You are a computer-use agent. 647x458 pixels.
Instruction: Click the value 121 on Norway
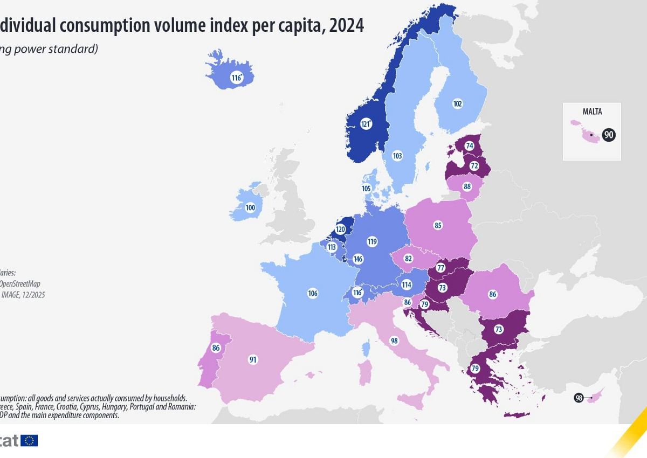coord(366,124)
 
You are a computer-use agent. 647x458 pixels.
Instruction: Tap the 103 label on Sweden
coord(397,156)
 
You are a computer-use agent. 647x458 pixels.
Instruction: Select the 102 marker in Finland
coord(458,104)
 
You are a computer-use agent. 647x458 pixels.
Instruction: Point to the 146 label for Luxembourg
coord(357,259)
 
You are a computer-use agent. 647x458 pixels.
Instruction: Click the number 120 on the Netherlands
coord(340,230)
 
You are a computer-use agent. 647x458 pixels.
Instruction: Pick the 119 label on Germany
coord(371,242)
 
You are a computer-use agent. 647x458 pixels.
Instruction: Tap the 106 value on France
coord(313,293)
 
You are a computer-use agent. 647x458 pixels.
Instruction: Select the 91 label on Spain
coord(253,359)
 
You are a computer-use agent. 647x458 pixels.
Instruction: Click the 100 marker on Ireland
coord(250,207)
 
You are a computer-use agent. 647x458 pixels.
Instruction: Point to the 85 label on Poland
coord(438,225)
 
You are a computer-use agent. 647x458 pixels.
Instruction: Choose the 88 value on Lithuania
coord(467,186)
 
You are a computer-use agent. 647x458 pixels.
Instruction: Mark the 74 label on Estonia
coord(470,145)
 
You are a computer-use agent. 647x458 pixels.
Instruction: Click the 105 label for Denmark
coord(366,189)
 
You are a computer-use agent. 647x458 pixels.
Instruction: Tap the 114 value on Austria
coord(406,284)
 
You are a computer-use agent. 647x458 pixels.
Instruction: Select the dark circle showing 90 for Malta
coord(609,135)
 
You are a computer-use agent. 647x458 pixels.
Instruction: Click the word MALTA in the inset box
coord(592,112)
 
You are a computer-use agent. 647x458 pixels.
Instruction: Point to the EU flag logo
coord(30,441)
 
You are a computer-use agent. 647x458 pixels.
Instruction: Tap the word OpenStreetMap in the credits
coord(20,283)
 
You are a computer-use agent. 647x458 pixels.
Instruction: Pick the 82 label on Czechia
coord(408,259)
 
